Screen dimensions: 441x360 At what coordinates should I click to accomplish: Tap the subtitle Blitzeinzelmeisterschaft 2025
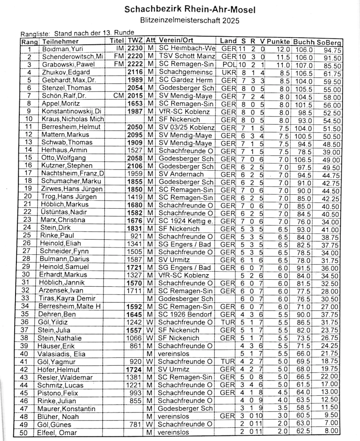(x=189, y=20)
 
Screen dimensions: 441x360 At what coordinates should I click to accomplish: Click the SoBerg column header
(x=329, y=42)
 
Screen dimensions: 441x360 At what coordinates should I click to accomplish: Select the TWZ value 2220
(x=134, y=57)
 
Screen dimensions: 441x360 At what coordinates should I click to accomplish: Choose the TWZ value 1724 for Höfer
(x=134, y=369)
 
